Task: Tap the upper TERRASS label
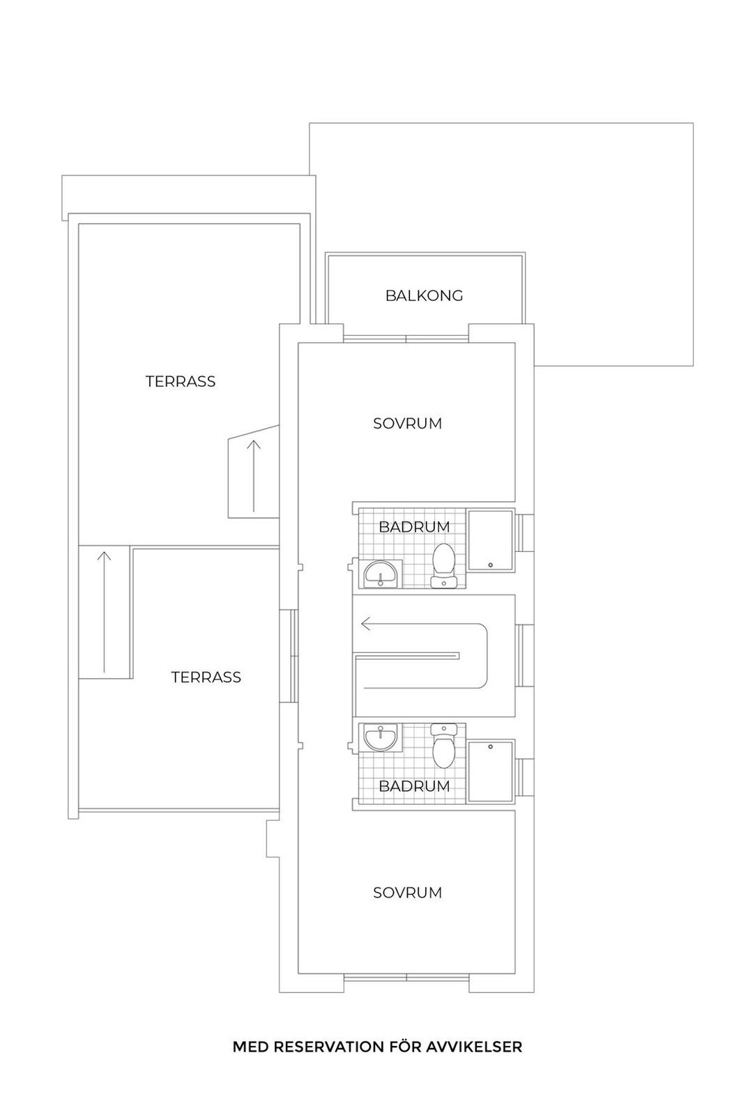pos(181,382)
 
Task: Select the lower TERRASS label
pos(206,677)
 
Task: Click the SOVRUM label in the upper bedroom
pos(407,424)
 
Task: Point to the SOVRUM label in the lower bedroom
pos(407,893)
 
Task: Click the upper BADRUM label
pos(414,527)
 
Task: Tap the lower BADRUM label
pos(414,786)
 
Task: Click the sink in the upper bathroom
pos(380,574)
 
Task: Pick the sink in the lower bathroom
pos(380,737)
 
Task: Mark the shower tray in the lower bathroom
pos(491,771)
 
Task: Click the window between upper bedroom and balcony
pos(406,339)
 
